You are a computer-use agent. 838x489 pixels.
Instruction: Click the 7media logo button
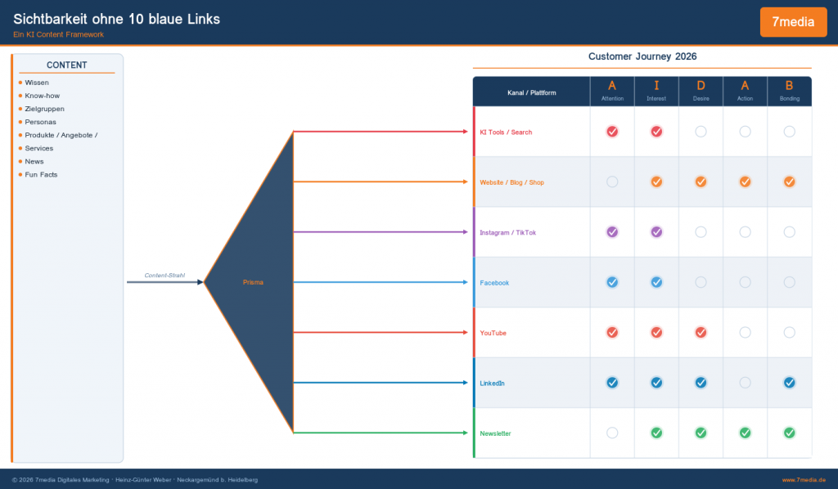[793, 22]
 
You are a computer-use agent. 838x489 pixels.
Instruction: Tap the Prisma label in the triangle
[253, 282]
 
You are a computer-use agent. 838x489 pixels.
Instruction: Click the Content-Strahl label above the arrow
[164, 275]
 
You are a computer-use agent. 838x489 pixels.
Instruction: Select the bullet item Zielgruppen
[44, 109]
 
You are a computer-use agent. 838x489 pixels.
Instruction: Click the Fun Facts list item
[41, 174]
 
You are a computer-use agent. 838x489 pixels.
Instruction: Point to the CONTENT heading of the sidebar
[67, 65]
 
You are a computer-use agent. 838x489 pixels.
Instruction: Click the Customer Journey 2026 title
[642, 56]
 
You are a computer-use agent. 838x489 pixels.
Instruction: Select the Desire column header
[701, 91]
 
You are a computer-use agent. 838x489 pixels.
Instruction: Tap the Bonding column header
[789, 91]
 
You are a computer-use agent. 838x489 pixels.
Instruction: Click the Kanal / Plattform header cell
[531, 92]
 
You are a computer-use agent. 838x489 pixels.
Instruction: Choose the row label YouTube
[493, 333]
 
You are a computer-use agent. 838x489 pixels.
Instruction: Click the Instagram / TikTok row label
[507, 232]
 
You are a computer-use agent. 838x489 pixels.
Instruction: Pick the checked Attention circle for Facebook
[612, 282]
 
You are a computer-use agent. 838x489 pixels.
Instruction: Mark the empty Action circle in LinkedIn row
[745, 382]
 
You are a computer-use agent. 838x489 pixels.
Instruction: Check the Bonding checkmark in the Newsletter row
[789, 433]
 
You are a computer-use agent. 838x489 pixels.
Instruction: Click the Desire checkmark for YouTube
[701, 332]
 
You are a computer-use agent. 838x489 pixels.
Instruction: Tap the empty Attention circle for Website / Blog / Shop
[612, 182]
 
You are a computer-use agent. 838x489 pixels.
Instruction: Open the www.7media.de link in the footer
[803, 480]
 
